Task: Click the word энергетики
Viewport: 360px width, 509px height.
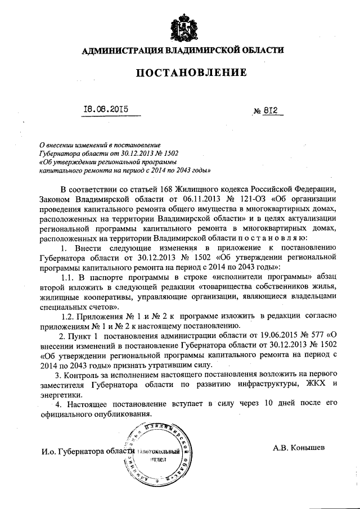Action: (x=61, y=395)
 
